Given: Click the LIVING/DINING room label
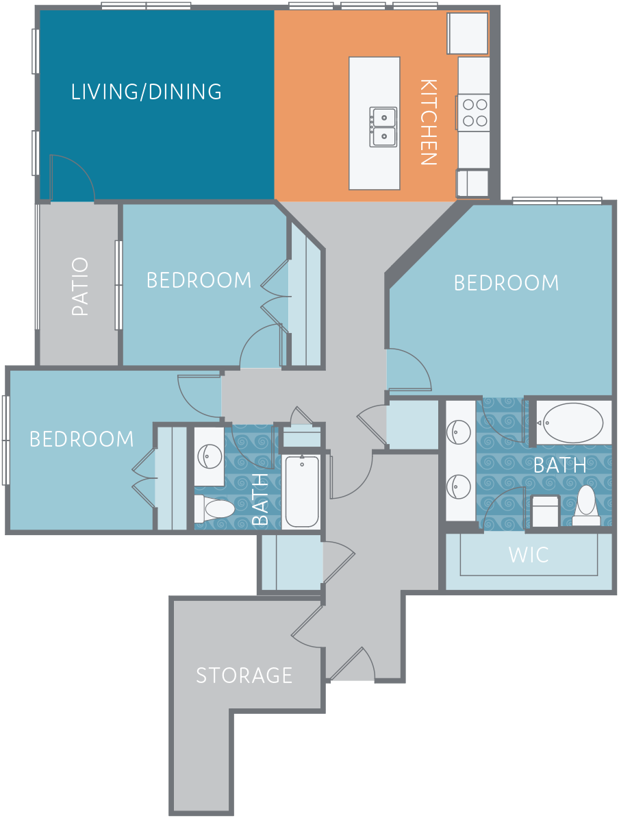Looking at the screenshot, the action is [147, 92].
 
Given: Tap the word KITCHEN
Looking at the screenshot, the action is [428, 122].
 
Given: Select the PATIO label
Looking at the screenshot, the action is [80, 286].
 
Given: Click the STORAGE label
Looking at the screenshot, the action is [244, 675].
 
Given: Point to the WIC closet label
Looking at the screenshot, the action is [529, 554].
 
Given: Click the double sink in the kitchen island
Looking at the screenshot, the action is [383, 127].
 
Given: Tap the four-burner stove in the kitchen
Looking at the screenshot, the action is [475, 112].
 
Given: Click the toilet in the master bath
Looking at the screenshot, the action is [587, 506].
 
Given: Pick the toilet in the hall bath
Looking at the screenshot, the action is [215, 508].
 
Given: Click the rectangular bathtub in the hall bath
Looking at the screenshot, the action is [302, 491].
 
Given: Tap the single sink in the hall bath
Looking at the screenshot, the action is [210, 456].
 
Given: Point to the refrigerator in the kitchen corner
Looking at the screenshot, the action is [468, 34].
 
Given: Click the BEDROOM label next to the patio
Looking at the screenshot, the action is [199, 280].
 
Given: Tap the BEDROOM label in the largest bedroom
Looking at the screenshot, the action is [506, 283].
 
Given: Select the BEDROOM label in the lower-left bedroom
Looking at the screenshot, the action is [82, 438].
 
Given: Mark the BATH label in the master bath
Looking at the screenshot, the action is [560, 464].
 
